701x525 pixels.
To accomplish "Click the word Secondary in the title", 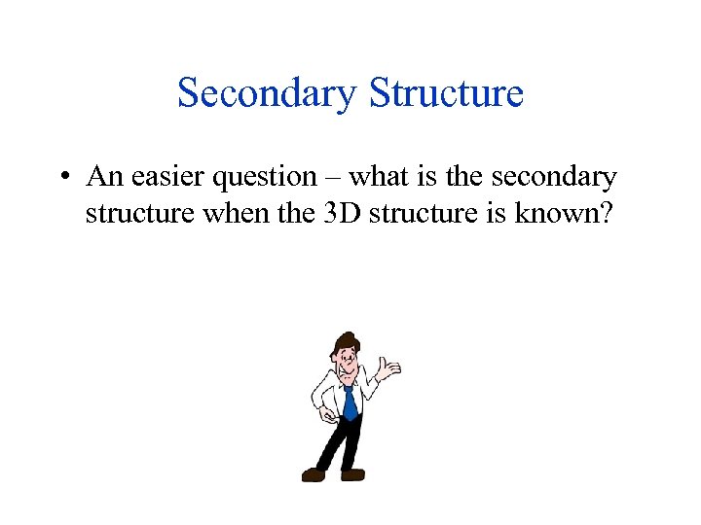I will coord(268,94).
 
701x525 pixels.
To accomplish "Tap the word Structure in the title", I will coord(446,94).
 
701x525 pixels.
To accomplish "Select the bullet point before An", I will coord(61,177).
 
